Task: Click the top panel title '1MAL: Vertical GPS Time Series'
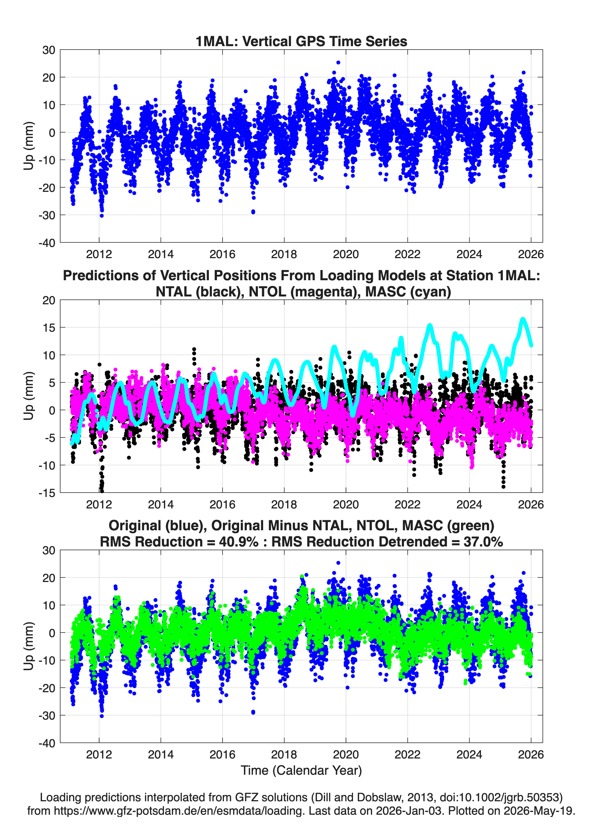click(301, 41)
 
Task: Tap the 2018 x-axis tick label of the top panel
click(284, 254)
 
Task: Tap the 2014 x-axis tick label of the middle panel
click(160, 504)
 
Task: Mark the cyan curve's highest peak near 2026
click(523, 319)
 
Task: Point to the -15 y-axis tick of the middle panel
click(47, 493)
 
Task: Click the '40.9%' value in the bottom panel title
click(239, 542)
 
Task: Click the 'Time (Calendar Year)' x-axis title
click(301, 771)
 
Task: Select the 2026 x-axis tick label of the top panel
click(530, 254)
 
